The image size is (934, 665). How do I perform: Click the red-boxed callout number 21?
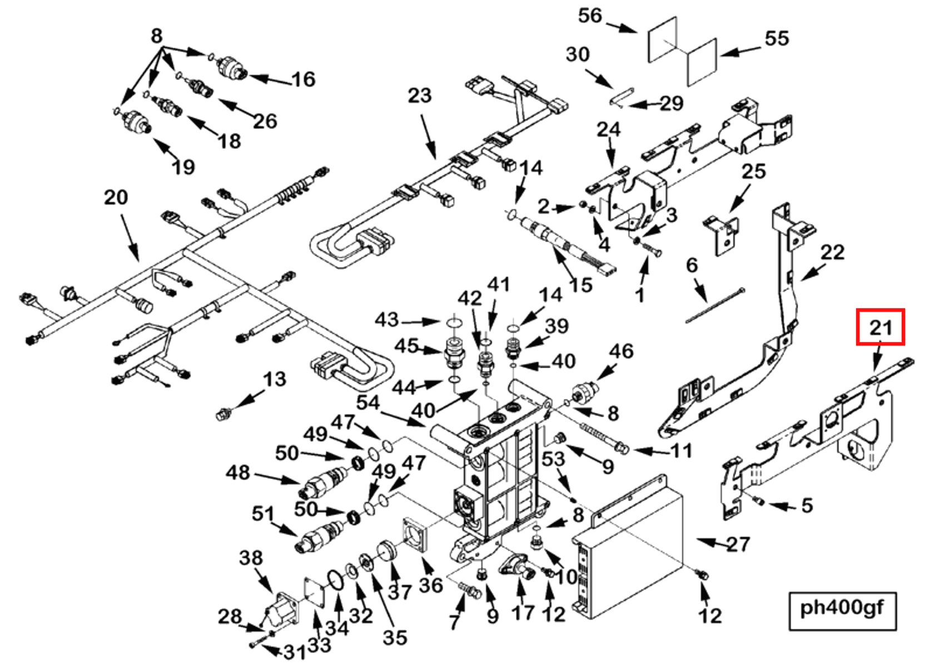pyautogui.click(x=880, y=327)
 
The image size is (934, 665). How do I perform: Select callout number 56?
pyautogui.click(x=590, y=15)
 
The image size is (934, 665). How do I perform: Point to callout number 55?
pyautogui.click(x=777, y=38)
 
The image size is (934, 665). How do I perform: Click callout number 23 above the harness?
pyautogui.click(x=419, y=96)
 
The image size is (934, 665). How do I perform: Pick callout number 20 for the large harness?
pyautogui.click(x=116, y=197)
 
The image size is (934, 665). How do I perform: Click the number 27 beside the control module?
pyautogui.click(x=738, y=544)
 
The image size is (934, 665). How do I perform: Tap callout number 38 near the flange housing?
pyautogui.click(x=251, y=557)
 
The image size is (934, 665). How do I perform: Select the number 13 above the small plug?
pyautogui.click(x=274, y=379)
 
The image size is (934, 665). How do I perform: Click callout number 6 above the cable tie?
pyautogui.click(x=692, y=265)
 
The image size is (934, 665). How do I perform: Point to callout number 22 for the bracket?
pyautogui.click(x=832, y=253)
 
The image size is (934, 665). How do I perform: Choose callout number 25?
pyautogui.click(x=753, y=171)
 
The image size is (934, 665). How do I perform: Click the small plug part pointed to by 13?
pyautogui.click(x=223, y=413)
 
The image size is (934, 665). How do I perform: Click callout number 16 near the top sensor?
pyautogui.click(x=303, y=79)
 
